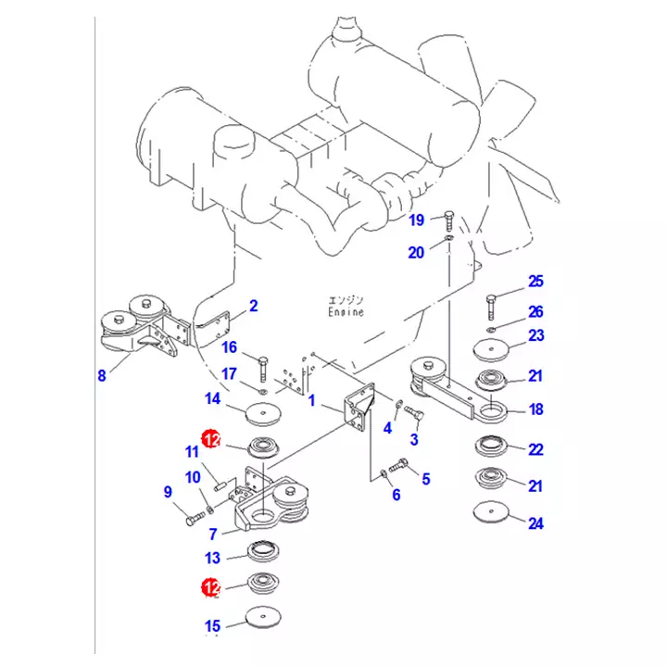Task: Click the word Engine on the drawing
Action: (x=346, y=312)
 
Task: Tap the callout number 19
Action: (x=417, y=220)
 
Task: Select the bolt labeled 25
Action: (x=490, y=308)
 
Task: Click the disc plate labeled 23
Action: (x=491, y=350)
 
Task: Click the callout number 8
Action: (x=102, y=375)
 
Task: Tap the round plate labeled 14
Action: (x=264, y=414)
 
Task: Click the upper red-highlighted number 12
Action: (x=211, y=439)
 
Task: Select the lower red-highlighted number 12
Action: (x=211, y=587)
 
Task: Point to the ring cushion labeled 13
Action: (x=263, y=552)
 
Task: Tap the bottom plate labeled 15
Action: (x=264, y=617)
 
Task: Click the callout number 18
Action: (x=536, y=409)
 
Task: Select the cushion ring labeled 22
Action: (x=491, y=447)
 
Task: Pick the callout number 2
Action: (x=254, y=306)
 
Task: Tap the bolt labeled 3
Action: (x=413, y=412)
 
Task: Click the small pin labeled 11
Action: (x=220, y=485)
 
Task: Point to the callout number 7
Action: (x=213, y=534)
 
